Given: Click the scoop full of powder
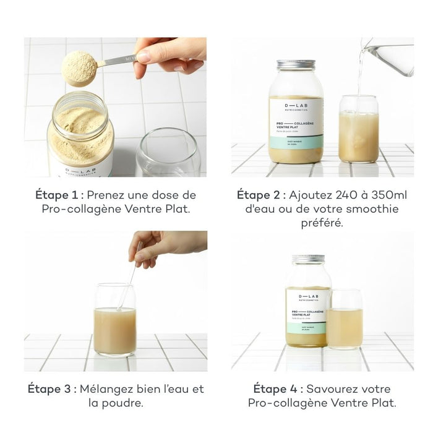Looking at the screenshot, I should [x=80, y=67].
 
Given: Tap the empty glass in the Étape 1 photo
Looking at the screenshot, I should [x=168, y=154].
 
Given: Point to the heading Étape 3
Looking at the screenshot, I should [x=52, y=389].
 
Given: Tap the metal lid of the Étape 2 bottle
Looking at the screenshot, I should [x=296, y=64].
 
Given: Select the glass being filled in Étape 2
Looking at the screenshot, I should [x=358, y=129].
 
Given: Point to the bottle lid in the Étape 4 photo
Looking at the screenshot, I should [x=308, y=259].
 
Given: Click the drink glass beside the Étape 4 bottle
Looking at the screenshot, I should [x=345, y=320].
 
